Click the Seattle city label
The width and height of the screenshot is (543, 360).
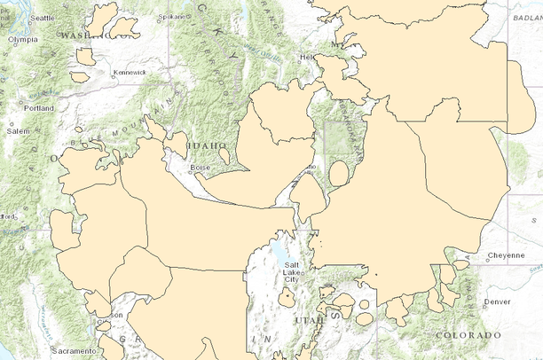[x=42, y=18]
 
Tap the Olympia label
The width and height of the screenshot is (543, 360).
[x=24, y=39]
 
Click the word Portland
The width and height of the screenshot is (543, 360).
[x=39, y=108]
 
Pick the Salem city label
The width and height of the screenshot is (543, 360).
[x=19, y=130]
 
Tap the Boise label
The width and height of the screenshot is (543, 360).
[x=200, y=167]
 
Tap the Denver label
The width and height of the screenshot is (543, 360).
[x=498, y=301]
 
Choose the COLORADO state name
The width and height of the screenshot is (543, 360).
[x=468, y=335]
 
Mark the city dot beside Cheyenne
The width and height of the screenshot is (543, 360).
[x=485, y=256]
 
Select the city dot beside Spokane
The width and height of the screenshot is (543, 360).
[x=189, y=17]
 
